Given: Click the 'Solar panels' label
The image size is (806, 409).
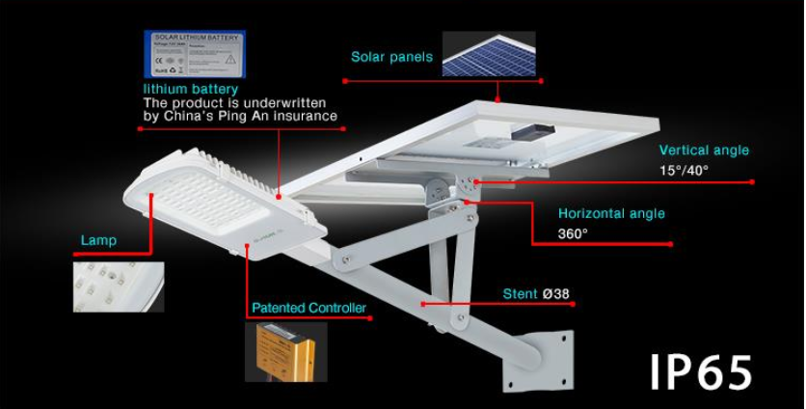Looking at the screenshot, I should pos(391,57).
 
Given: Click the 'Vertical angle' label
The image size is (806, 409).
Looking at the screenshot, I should pos(703,150).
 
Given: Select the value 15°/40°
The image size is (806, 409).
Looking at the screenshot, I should pos(684,170).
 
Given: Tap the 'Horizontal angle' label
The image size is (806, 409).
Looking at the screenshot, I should pos(611,214).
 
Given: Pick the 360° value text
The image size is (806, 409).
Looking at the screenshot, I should pos(573,233).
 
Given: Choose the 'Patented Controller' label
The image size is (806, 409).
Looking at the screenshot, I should pos(309,309).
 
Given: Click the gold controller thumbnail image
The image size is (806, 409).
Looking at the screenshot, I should pos(285,351).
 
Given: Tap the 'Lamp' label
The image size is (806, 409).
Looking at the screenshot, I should pos(98,240).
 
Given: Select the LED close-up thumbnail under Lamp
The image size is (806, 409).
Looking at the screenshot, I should pos(119,286).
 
